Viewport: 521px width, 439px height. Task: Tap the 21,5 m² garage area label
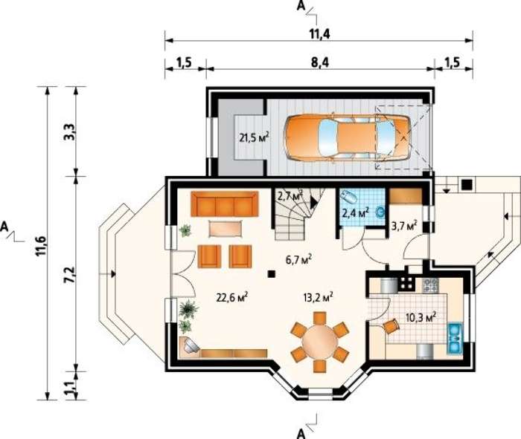coord(255,137)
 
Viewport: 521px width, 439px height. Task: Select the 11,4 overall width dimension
coord(319,33)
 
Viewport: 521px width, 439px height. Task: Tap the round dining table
coord(319,341)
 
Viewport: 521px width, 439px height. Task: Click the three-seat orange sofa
coord(225,204)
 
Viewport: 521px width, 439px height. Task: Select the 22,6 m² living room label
coord(232,297)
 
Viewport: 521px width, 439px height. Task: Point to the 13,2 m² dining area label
coord(318,297)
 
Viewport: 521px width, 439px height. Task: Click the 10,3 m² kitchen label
coord(421,317)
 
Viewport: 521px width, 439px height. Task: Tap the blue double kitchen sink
coord(455,338)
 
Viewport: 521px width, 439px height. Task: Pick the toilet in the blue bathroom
coord(348,197)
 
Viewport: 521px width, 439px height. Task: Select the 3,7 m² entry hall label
coord(404,227)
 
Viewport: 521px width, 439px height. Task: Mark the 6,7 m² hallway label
coord(298,260)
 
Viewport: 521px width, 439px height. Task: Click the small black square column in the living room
coord(272,273)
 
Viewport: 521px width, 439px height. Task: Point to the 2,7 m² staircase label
coord(290,195)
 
